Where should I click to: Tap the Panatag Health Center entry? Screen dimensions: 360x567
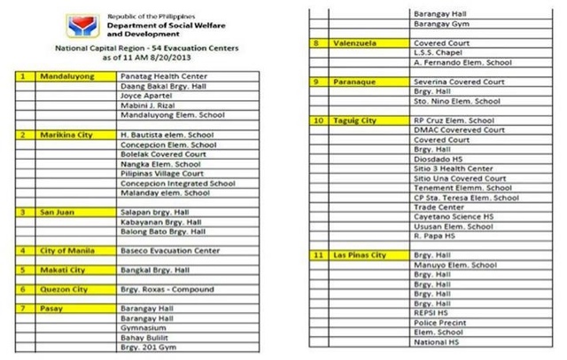161,77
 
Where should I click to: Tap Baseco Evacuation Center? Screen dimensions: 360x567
169,251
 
